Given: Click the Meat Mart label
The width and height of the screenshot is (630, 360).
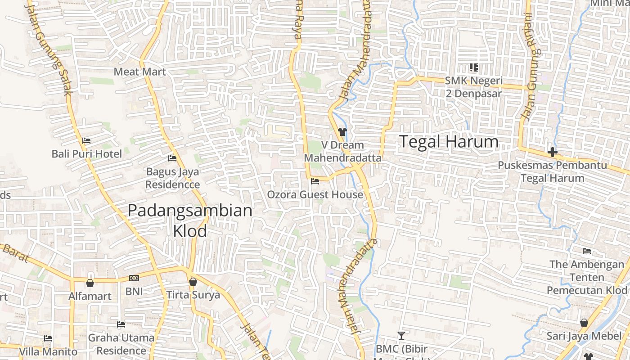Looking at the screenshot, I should point(139,72).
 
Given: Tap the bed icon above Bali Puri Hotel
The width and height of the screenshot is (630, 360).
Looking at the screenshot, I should point(86,141).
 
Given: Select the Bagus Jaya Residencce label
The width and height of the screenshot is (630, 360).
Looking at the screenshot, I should point(173,178).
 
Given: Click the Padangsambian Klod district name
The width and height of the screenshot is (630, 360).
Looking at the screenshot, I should point(190,220).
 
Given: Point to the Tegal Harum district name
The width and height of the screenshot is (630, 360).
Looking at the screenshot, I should point(449,142).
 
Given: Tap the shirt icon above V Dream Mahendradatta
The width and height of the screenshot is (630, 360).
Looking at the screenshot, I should point(342,132).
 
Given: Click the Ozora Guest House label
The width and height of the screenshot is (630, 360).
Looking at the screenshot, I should point(315,194).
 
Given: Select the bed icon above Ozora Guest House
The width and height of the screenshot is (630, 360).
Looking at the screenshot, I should point(315,181).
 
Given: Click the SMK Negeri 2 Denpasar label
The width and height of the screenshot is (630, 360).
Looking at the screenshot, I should point(473,87).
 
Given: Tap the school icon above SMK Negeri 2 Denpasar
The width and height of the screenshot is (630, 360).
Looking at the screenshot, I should point(473,67).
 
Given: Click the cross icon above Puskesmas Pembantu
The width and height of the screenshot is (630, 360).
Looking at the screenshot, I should point(552,152).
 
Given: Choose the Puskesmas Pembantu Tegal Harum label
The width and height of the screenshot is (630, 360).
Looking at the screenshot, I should point(552,171).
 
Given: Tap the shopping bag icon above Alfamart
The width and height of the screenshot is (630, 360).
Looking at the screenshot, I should point(90,283).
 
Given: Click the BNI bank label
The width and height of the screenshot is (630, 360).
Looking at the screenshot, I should point(134,291).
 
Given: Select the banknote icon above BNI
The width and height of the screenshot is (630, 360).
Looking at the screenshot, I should point(134,278).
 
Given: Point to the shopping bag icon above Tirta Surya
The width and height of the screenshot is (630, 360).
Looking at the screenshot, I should point(193,282).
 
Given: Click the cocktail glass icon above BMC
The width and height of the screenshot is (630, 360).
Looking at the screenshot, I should point(401,335).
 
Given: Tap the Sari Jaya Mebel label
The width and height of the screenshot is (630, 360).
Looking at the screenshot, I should point(584,336).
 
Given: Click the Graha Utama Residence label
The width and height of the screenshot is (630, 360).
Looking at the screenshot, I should point(121,344).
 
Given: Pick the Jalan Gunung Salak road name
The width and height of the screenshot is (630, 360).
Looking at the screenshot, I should point(49,49).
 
